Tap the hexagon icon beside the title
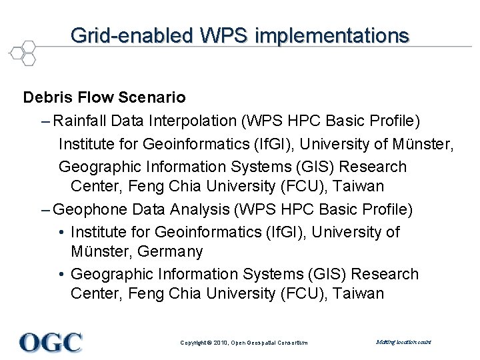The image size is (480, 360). [x=22, y=53]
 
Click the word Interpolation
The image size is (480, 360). [x=190, y=121]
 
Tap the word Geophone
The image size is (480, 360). [x=90, y=209]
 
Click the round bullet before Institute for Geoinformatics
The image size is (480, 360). [x=61, y=232]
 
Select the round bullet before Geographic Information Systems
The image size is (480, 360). [x=61, y=274]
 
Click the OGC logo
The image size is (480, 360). [x=51, y=342]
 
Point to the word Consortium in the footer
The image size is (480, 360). [x=292, y=343]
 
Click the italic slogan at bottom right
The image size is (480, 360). [x=403, y=342]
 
